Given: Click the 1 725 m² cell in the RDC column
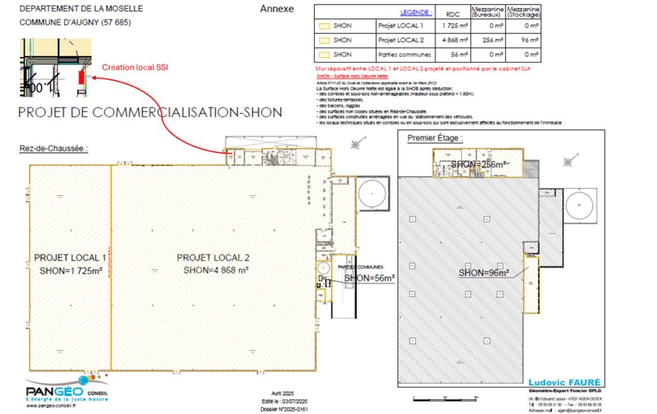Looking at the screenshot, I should [x=454, y=25].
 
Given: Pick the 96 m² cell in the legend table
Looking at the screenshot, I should [x=523, y=40].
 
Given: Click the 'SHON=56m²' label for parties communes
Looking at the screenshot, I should [x=370, y=279].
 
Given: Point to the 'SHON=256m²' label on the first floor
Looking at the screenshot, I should [x=478, y=164].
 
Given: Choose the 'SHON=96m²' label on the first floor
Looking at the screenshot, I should [x=484, y=273].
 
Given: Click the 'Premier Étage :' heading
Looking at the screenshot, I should [x=435, y=139].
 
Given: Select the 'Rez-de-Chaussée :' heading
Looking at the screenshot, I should [x=54, y=148].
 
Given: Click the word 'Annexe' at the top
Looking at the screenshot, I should [x=277, y=9].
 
